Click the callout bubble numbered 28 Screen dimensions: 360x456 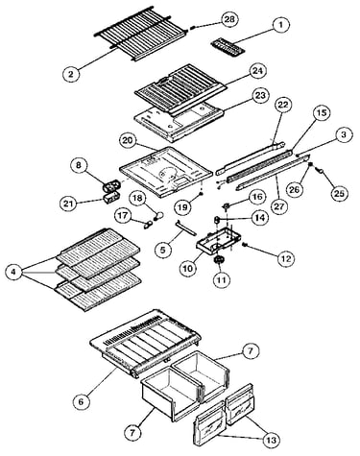[229, 20]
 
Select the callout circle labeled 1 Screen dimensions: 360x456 [280, 25]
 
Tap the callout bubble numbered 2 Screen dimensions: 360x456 [71, 74]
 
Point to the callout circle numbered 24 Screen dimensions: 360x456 [258, 71]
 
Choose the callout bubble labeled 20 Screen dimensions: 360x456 [129, 141]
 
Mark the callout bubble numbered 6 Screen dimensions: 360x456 [81, 401]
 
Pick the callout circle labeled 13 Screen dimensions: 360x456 [271, 440]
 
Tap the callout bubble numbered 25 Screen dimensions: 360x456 [340, 193]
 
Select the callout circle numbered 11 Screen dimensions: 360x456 [222, 280]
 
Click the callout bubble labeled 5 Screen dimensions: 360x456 [163, 250]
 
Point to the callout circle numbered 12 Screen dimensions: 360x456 [286, 258]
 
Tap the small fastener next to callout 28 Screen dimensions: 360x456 [192, 28]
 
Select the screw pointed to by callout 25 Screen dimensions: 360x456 [320, 171]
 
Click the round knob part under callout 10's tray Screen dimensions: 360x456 [219, 259]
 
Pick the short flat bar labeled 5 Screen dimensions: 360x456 [186, 228]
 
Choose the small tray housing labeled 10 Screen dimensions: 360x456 [218, 239]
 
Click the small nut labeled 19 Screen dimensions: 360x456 [201, 194]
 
